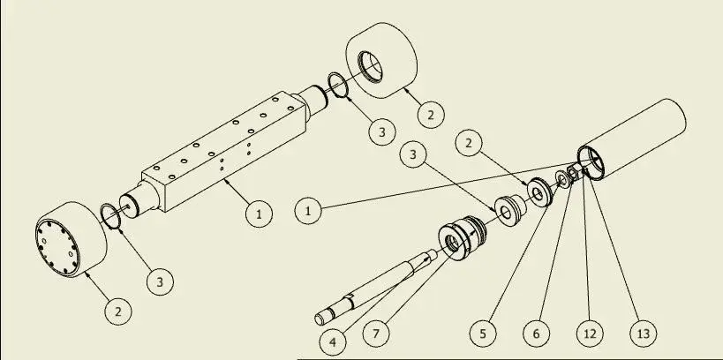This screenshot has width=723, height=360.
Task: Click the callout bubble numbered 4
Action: tap(334, 342)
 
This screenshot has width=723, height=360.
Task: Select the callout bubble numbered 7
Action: tap(376, 334)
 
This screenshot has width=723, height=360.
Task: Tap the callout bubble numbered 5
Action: tap(483, 334)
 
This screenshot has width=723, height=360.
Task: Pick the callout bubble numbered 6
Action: tap(536, 334)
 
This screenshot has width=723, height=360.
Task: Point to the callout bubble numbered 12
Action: tap(590, 334)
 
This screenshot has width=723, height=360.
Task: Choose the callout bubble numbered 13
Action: tap(643, 334)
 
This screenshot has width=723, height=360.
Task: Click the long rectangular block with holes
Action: tap(223, 152)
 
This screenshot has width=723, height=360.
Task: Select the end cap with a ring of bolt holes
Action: tap(71, 239)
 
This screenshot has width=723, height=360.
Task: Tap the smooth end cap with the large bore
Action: tap(381, 60)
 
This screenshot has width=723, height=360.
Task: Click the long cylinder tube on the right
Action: tap(632, 139)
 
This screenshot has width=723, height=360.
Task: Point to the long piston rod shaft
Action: tap(374, 287)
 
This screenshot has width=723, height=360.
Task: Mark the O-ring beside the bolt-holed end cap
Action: tap(110, 215)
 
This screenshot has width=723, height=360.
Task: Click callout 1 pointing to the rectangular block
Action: tap(260, 214)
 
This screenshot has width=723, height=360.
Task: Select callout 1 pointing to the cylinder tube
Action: tap(308, 211)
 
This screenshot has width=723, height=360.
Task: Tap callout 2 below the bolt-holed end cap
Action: tap(118, 311)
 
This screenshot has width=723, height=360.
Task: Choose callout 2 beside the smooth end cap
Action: tap(431, 115)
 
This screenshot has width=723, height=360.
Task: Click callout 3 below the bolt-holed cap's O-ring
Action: tap(160, 281)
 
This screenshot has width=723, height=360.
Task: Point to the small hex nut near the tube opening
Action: tap(573, 174)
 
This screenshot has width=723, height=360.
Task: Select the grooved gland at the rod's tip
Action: tap(461, 238)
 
